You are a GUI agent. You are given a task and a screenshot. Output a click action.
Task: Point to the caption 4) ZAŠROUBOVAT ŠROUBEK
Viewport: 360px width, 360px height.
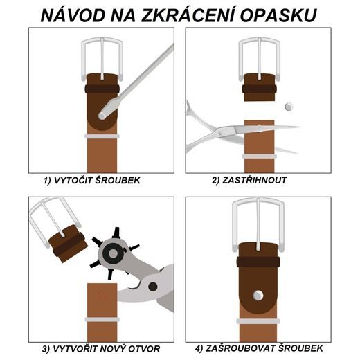click(258, 348)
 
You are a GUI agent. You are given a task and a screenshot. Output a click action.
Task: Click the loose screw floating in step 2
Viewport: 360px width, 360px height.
click(289, 107)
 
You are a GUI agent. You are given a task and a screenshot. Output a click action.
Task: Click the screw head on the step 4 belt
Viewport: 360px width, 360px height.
click(258, 296)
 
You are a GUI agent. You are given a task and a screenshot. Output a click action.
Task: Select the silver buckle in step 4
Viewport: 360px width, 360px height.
click(258, 220)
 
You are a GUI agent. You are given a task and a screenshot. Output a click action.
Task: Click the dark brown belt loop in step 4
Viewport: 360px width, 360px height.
click(258, 262)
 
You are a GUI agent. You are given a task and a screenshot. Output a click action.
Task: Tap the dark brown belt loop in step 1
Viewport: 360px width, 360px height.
click(102, 89)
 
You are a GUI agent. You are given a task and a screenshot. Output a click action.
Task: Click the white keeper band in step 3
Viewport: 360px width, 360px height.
click(102, 320)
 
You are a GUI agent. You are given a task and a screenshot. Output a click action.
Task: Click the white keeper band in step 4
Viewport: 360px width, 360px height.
click(258, 321)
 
